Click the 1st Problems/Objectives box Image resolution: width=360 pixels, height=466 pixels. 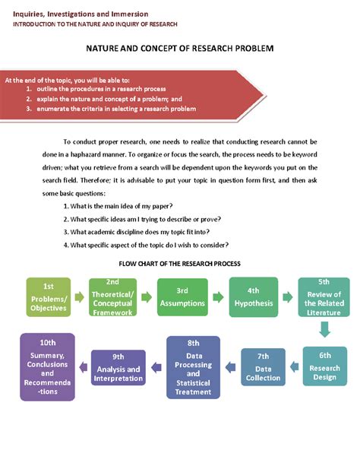pyautogui.click(x=49, y=297)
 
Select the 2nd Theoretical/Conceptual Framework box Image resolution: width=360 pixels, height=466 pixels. pyautogui.click(x=113, y=297)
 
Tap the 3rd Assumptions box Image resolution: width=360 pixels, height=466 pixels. pyautogui.click(x=182, y=297)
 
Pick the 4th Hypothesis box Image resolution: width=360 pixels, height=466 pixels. pyautogui.click(x=254, y=297)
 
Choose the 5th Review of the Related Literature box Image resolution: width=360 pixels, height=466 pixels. pyautogui.click(x=324, y=297)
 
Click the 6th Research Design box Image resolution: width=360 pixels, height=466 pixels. pyautogui.click(x=325, y=366)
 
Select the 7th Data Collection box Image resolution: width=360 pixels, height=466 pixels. pyautogui.click(x=264, y=367)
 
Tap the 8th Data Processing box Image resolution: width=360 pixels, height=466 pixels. pyautogui.click(x=194, y=367)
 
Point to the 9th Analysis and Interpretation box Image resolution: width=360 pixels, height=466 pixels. pyautogui.click(x=118, y=368)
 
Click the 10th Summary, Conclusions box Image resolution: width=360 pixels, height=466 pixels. pyautogui.click(x=48, y=367)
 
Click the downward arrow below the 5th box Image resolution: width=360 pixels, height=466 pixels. pyautogui.click(x=324, y=330)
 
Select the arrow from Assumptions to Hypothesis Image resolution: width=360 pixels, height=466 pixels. pyautogui.click(x=218, y=297)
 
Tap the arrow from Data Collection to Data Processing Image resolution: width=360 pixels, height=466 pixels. pyautogui.click(x=230, y=367)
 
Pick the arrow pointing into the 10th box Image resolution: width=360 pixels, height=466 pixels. pyautogui.click(x=84, y=367)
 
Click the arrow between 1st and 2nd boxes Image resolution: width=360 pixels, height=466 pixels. pyautogui.click(x=80, y=297)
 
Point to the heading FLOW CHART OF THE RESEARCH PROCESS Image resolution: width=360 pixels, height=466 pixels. pyautogui.click(x=180, y=264)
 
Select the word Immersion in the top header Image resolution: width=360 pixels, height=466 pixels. pyautogui.click(x=130, y=14)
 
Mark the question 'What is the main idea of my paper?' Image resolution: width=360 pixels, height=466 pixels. pyautogui.click(x=118, y=206)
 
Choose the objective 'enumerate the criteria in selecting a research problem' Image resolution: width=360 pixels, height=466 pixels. pyautogui.click(x=116, y=109)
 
